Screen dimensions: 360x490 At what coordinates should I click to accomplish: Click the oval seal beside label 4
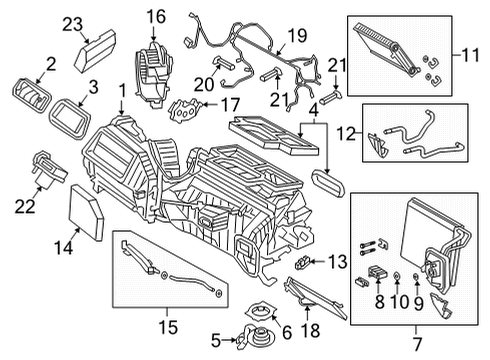327,183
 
